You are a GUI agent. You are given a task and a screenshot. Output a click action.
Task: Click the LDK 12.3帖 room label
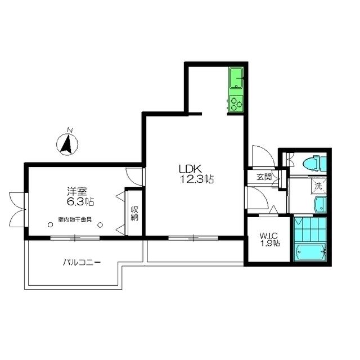196,173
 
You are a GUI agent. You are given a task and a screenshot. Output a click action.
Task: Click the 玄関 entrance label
264,177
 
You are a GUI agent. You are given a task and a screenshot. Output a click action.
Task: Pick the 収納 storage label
134,213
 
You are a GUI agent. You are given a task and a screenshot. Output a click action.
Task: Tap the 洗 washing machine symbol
318,185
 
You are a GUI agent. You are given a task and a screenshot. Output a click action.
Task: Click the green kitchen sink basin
236,77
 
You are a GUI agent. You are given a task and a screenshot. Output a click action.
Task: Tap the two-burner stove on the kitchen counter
236,103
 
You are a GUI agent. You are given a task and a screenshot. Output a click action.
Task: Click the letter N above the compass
69,131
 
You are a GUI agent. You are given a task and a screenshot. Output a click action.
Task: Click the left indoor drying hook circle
51,225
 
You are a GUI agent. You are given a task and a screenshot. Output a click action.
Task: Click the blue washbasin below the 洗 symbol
319,205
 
